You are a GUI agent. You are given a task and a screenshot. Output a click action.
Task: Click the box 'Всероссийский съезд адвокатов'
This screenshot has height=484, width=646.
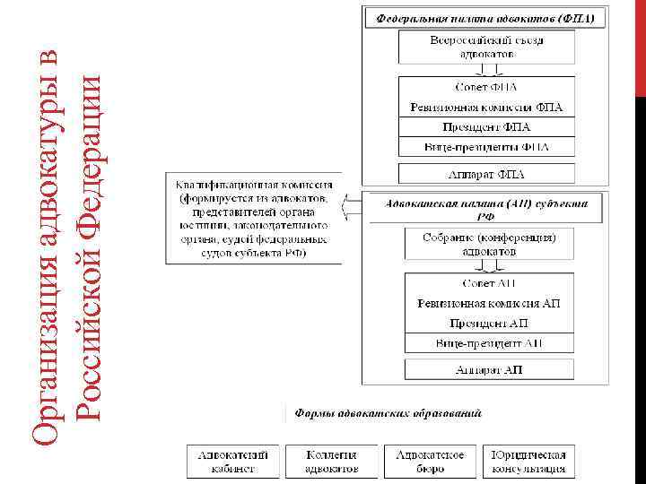[486, 48]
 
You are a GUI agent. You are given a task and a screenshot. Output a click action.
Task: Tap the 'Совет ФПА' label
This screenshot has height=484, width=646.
[486, 88]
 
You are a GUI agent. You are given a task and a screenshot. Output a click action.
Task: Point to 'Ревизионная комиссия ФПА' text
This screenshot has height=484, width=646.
[486, 108]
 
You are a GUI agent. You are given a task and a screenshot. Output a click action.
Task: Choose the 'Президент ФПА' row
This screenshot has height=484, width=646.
[486, 127]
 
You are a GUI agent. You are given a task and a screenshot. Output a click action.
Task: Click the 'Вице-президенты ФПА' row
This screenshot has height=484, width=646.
[486, 146]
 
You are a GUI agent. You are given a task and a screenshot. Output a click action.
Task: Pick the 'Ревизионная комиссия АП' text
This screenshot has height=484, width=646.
[489, 304]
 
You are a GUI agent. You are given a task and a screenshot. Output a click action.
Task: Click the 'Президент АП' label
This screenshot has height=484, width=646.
[489, 323]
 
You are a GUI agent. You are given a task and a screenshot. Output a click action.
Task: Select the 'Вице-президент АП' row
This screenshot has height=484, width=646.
[489, 342]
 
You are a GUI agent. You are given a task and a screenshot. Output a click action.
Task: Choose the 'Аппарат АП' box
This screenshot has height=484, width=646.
[489, 369]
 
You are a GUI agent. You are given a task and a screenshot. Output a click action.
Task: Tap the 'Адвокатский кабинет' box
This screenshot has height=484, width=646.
[233, 461]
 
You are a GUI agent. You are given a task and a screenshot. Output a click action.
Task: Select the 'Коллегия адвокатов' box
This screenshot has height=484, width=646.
[331, 461]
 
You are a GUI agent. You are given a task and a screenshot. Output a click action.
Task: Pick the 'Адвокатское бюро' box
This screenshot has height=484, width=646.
[430, 461]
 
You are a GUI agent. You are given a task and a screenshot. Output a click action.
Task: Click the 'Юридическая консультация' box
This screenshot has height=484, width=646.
[528, 461]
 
